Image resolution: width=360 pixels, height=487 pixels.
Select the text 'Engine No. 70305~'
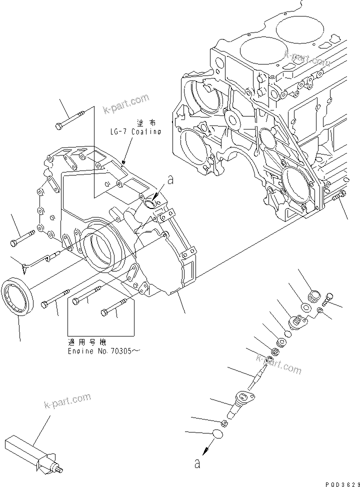(x=103, y=351)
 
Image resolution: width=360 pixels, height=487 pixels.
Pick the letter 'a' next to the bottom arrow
(x=197, y=464)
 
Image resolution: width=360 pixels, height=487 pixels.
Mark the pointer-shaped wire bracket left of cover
(x=37, y=260)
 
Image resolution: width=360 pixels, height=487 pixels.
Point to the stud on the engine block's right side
(x=338, y=197)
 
